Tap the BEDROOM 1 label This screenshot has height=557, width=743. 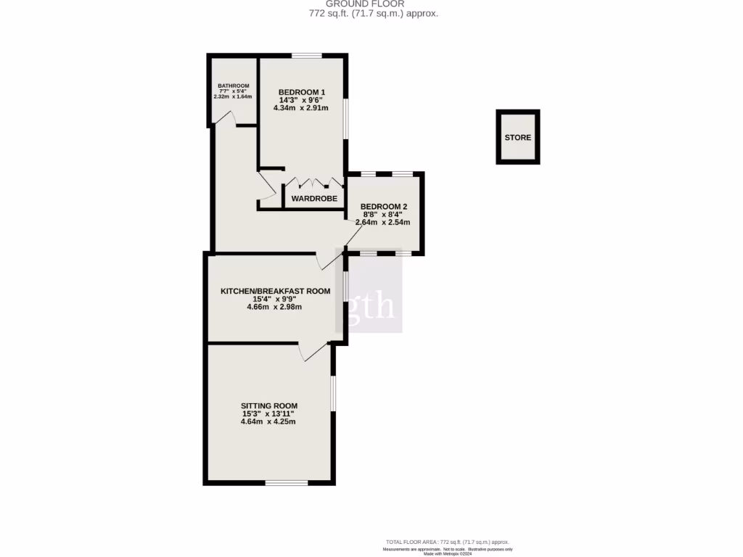[301, 91]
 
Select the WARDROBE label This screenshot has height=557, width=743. [313, 198]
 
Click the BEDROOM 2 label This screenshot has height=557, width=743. [383, 206]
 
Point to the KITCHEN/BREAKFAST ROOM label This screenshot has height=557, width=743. [275, 291]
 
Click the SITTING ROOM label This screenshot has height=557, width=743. [269, 405]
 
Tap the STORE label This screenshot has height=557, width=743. [518, 137]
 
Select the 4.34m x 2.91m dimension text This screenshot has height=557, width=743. [301, 108]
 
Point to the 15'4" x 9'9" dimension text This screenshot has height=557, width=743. [275, 299]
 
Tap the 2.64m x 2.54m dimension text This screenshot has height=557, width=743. [383, 222]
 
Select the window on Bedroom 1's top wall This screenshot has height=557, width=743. [307, 55]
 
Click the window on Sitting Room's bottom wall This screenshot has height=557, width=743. [287, 482]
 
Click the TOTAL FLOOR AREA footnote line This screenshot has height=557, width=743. [447, 542]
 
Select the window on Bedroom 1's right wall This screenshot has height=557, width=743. [346, 117]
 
